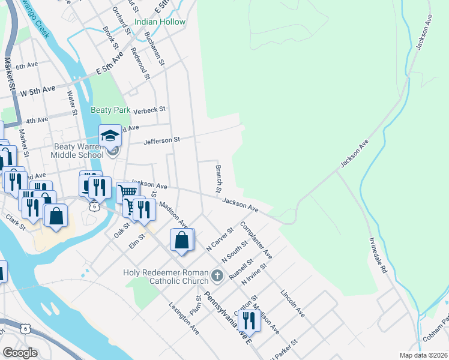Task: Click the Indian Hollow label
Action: [x=160, y=22]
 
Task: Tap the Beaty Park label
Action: [x=110, y=110]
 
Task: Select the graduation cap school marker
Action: [x=110, y=137]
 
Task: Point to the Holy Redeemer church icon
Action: [x=217, y=277]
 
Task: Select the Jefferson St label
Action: [x=161, y=140]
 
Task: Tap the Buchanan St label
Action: [x=155, y=47]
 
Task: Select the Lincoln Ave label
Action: [x=293, y=304]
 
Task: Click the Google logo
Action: [x=20, y=352]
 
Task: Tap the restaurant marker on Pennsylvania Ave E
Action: [x=248, y=321]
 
